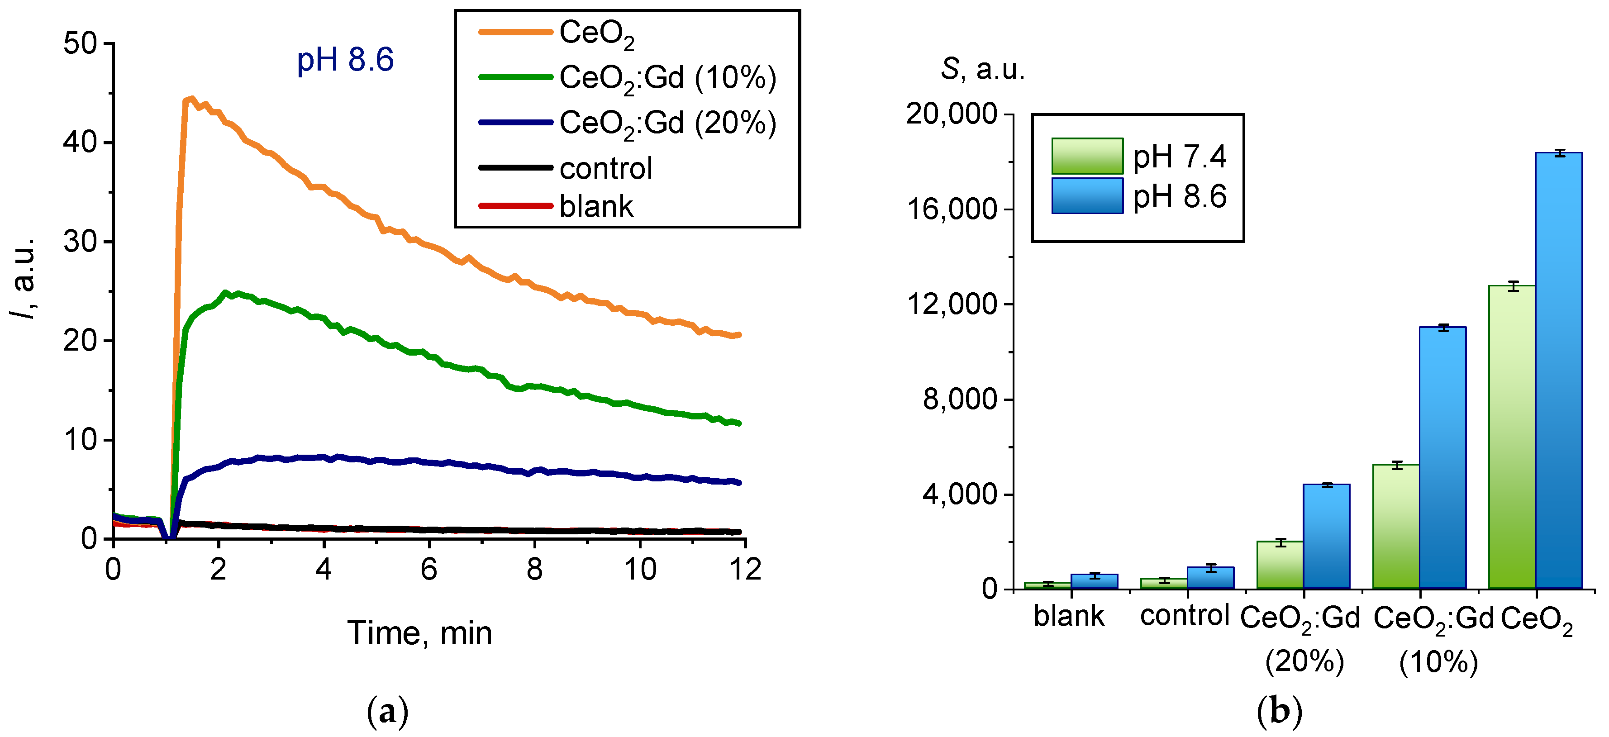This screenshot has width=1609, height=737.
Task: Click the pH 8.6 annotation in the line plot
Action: [345, 60]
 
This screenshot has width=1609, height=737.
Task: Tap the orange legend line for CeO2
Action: [515, 32]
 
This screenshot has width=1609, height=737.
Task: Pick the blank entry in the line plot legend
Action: [595, 207]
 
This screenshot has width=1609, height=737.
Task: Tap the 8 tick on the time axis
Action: [534, 570]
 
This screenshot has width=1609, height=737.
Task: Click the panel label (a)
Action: [387, 711]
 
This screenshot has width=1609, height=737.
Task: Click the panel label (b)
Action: [1279, 711]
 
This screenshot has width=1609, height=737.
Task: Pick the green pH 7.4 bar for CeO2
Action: [1512, 437]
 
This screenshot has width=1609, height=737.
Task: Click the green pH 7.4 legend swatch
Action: [1087, 156]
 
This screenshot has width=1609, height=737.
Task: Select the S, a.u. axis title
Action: [982, 69]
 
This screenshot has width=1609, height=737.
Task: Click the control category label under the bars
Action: [1184, 616]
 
